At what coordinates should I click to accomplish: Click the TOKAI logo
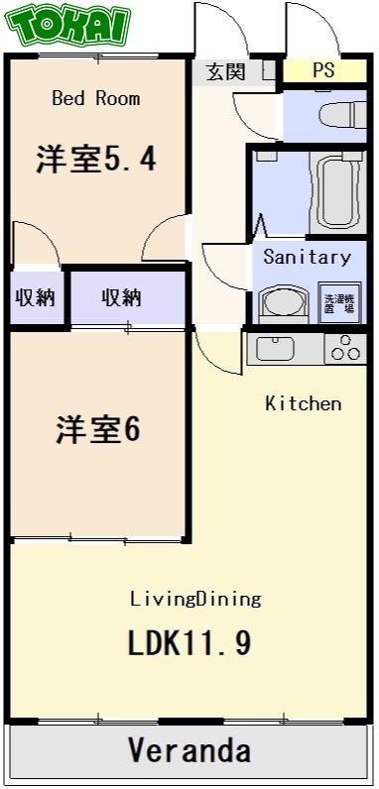point(70,26)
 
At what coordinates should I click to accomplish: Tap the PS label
point(323,70)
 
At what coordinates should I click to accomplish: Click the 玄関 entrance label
point(225,71)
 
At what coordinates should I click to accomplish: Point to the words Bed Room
point(95,98)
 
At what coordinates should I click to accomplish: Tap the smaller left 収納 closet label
point(35,297)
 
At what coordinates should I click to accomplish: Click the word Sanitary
point(307,257)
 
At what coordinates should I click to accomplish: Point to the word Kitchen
point(304,403)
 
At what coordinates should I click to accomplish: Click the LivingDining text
point(195,599)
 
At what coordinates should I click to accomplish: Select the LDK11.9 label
point(189,643)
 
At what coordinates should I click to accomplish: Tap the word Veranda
point(189,750)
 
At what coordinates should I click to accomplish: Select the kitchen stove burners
point(344,348)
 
